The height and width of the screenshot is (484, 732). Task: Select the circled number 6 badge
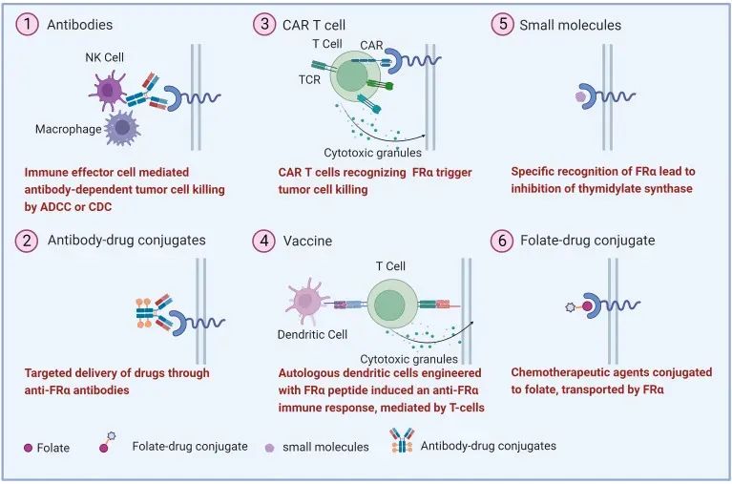coord(502,241)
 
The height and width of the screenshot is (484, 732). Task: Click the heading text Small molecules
coord(570,26)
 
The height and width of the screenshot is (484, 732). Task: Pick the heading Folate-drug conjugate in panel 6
coord(587,241)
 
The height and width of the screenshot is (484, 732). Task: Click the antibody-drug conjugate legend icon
coord(405,443)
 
